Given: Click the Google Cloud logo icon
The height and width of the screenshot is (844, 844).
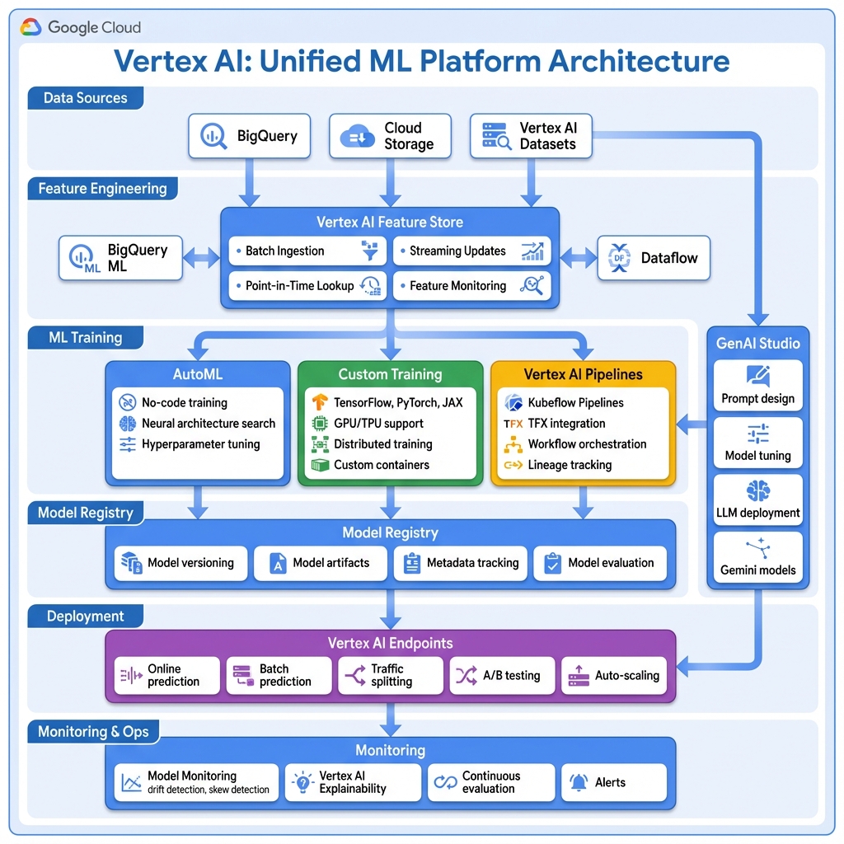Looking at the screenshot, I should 31,27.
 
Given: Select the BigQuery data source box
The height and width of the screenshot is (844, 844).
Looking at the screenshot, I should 249,136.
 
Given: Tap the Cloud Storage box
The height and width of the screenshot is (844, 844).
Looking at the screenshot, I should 390,136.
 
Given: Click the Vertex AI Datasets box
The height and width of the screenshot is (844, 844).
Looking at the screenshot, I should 531,136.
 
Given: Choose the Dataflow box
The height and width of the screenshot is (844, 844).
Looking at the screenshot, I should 653,258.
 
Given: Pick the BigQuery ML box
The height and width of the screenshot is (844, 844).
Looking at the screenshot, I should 120,258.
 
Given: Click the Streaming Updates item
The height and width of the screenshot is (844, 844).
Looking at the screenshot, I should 471,251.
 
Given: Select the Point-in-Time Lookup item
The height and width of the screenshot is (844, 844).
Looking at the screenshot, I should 306,286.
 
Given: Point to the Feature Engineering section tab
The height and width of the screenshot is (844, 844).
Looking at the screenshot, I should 101,189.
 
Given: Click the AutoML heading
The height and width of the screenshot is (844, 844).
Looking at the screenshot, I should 198,374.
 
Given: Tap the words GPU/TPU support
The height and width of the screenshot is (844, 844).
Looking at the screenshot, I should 378,424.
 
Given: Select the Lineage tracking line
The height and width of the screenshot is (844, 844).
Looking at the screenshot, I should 570,465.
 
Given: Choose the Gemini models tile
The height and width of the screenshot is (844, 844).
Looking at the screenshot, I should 757,557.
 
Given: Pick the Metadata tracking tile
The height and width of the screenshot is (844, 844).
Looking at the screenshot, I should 461,563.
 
